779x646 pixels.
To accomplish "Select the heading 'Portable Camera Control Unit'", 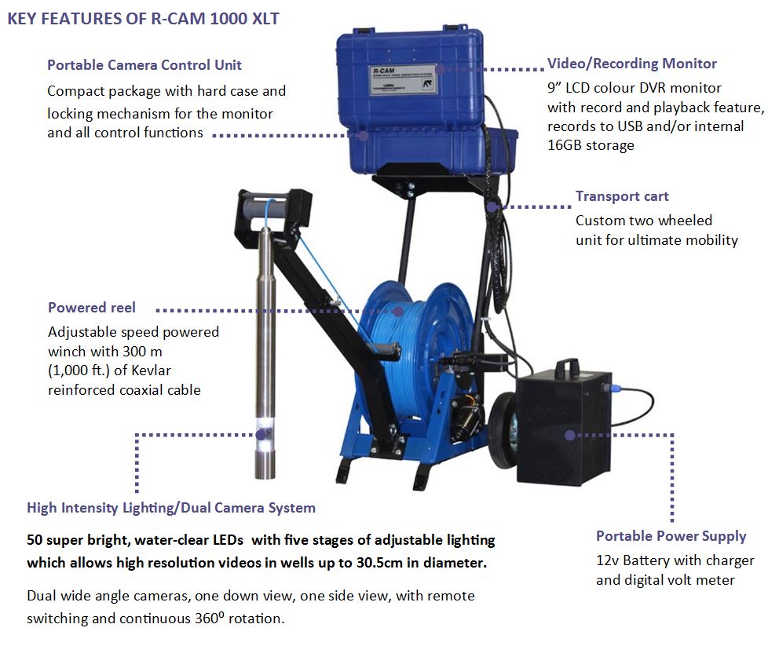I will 144,65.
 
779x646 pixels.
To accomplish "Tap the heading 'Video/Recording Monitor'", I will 631,64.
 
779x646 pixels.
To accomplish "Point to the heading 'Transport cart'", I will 622,196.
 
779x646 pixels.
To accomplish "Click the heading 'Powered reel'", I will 92,308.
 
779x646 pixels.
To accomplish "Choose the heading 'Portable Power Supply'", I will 671,536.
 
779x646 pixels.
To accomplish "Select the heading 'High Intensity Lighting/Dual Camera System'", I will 171,508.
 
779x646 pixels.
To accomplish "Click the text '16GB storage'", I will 591,145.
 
